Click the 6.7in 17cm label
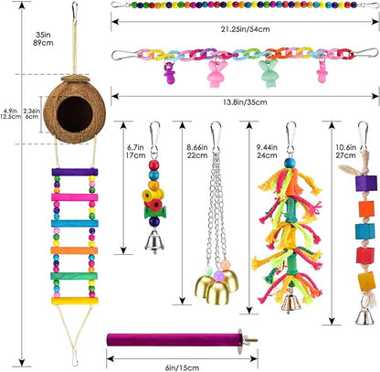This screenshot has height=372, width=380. pos(132,149)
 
